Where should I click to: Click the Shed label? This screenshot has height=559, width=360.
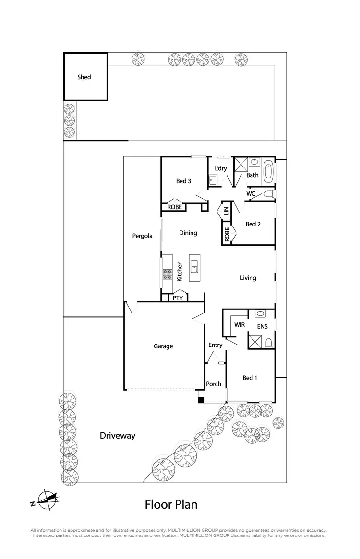click(84, 77)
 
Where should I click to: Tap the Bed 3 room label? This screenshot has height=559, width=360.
click(183, 181)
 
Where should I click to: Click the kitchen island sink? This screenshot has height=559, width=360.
click(195, 268)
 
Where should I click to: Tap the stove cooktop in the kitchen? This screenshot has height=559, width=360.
click(168, 274)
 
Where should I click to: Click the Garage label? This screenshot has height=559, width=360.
click(163, 346)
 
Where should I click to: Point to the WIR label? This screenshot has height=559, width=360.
click(240, 325)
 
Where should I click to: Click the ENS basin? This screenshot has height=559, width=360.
click(261, 314)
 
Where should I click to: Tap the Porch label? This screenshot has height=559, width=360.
click(214, 384)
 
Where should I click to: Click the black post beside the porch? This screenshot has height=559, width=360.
click(201, 400)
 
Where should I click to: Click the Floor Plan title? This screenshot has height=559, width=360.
click(171, 504)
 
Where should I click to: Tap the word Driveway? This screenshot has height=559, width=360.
click(118, 436)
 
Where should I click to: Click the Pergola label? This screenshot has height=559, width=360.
click(143, 236)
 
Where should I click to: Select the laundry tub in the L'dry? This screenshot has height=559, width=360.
click(213, 180)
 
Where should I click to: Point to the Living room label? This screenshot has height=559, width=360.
click(248, 278)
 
